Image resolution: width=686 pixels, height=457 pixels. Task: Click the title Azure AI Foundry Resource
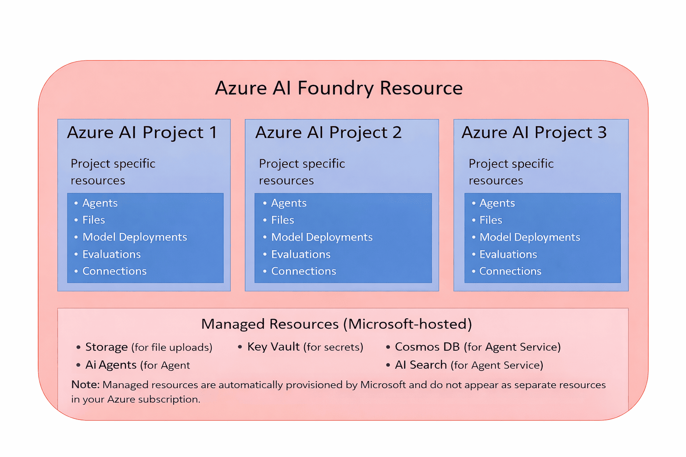339,88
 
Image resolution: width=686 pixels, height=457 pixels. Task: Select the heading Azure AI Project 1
142,133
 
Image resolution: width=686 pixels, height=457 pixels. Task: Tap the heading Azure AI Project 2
328,133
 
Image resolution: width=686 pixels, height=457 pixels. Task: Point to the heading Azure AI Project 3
534,133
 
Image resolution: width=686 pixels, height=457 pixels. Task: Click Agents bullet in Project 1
100,203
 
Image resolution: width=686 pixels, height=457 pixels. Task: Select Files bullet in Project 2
282,220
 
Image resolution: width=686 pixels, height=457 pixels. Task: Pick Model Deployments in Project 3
529,237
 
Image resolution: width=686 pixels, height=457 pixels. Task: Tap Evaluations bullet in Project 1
111,254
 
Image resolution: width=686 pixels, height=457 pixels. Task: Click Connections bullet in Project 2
303,271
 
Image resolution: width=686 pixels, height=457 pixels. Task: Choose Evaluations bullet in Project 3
508,254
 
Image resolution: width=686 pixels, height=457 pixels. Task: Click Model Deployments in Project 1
134,237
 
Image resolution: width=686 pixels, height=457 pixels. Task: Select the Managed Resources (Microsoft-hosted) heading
336,324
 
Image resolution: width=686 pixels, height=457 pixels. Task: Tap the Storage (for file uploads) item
148,347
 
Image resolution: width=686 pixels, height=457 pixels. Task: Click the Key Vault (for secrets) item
305,347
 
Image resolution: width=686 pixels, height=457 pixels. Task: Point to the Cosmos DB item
477,347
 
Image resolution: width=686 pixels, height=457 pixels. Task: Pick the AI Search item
468,365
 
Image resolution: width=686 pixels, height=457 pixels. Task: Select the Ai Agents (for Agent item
137,365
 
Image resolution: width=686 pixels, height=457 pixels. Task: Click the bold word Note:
85,385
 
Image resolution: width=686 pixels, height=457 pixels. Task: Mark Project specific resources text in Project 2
302,172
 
